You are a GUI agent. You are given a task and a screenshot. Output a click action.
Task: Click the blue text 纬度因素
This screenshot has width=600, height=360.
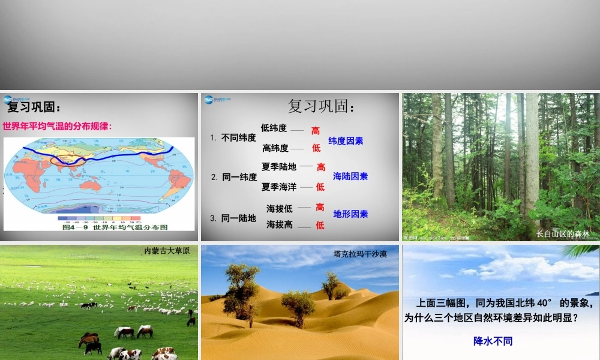(346, 141)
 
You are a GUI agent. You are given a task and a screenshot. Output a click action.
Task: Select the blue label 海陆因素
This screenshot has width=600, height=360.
(350, 176)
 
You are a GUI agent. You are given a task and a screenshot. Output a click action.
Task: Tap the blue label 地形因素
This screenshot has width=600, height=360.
(350, 214)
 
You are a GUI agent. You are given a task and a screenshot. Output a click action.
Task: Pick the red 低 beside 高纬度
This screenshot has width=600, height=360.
(316, 148)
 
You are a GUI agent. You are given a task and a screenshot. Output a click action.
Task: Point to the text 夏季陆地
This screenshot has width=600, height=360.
(279, 167)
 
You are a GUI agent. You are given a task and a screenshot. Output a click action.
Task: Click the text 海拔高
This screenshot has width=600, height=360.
(280, 224)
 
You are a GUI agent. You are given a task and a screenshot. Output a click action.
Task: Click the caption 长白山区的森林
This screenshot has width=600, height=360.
(563, 234)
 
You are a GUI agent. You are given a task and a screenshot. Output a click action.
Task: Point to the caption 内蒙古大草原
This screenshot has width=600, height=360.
(167, 251)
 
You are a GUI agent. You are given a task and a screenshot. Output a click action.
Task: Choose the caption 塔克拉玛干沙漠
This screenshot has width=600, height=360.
(360, 254)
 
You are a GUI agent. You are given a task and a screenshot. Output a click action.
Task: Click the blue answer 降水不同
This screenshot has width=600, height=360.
(493, 341)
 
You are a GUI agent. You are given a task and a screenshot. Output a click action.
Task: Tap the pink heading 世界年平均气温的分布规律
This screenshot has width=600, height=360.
(58, 126)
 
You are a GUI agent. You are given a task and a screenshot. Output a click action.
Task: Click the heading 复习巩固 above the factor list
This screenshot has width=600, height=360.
(322, 107)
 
